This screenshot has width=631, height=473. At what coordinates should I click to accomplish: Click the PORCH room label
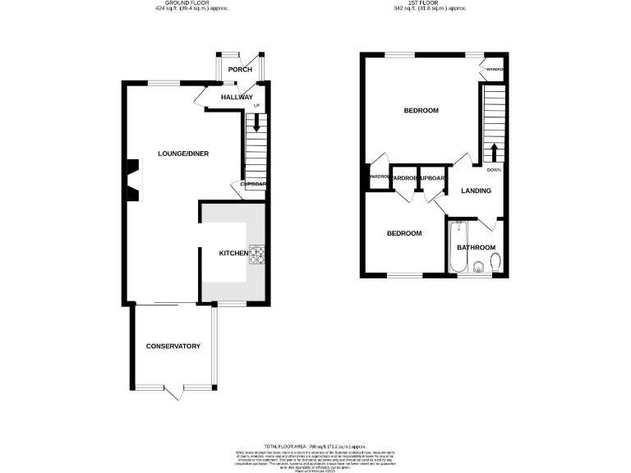coord(240,70)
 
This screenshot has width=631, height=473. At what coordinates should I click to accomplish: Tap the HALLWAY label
coord(237,97)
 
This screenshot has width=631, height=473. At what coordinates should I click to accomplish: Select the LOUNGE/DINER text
coord(183,154)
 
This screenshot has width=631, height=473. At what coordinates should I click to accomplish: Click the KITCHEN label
coord(233,253)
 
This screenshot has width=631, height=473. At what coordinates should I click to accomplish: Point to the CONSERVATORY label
coord(173,347)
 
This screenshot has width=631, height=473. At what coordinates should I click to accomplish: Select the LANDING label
coord(476,191)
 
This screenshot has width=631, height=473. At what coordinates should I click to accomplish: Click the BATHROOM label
coord(476,247)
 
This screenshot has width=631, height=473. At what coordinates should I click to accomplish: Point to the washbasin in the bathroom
coord(477,265)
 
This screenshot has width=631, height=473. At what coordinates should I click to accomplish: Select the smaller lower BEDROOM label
coord(404,233)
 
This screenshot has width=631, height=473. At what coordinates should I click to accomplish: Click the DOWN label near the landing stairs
coord(494,170)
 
